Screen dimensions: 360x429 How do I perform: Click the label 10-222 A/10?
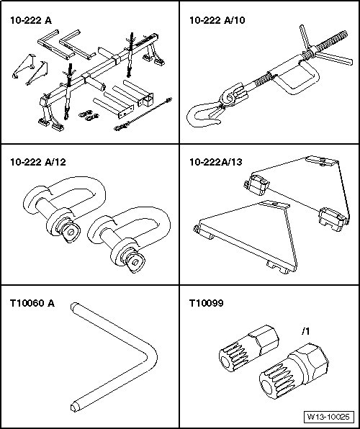point(217,20)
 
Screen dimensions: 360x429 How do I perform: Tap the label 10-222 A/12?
point(38,162)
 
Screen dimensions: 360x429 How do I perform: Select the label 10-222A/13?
point(216,162)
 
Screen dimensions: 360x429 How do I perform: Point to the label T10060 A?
point(32,303)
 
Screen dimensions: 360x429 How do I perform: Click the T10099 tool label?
point(206,303)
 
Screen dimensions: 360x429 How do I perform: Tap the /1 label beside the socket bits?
point(305,331)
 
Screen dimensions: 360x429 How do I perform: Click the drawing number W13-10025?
point(328,417)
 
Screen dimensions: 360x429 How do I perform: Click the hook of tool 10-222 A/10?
point(203,115)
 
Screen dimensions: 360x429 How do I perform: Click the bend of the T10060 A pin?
point(153,357)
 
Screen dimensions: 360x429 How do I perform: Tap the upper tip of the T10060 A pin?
point(73,306)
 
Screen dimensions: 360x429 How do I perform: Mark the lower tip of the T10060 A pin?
point(74,407)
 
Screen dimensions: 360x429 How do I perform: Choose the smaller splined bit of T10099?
point(248,348)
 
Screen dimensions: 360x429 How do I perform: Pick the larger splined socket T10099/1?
point(294,371)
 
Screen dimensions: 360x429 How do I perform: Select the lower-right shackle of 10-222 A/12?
point(129,240)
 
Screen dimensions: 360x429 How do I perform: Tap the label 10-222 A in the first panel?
point(31,20)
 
